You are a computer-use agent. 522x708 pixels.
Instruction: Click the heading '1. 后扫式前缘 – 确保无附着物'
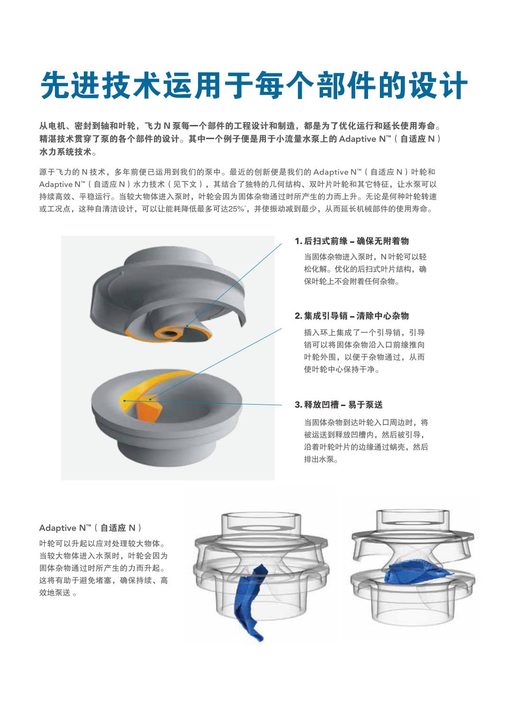point(351,241)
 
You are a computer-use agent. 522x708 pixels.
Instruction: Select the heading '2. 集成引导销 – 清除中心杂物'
point(351,316)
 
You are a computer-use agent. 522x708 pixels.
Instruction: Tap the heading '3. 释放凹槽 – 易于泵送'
point(339,405)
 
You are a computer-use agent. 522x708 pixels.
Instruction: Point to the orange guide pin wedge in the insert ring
point(147,411)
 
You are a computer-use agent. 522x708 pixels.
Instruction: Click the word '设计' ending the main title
point(438,85)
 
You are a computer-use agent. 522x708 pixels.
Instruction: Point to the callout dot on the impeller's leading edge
point(187,326)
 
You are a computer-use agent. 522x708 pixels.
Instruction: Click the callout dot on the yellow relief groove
point(125,401)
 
